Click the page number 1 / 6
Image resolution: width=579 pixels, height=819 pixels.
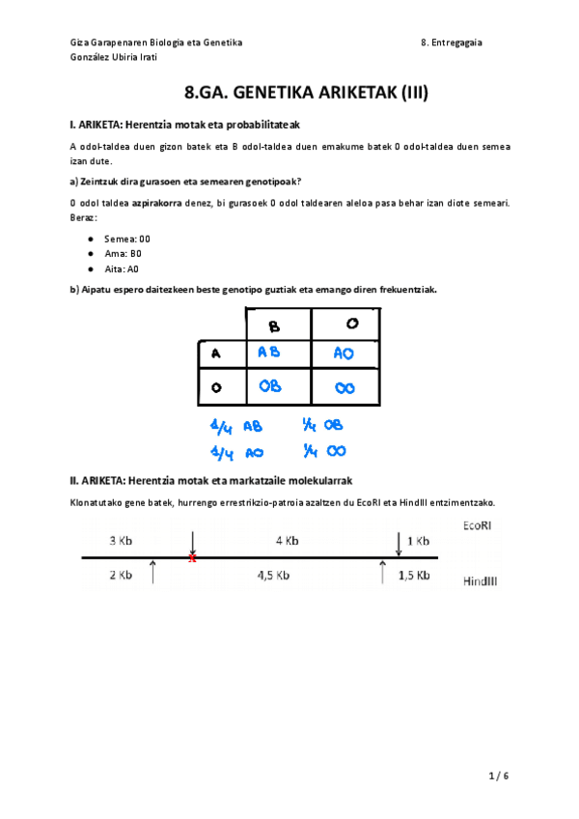497,776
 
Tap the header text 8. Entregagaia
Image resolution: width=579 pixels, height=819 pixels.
453,42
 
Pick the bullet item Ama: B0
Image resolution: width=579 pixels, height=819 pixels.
123,253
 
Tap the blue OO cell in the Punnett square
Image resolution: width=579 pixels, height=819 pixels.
345,387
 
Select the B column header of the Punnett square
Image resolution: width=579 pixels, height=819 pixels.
273,325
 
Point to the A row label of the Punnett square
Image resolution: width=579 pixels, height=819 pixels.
215,353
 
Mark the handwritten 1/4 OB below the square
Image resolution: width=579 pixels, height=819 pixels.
322,425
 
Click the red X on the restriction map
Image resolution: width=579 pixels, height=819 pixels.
192,558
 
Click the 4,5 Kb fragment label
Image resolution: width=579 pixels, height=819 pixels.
274,576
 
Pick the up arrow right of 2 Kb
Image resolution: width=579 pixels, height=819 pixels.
154,573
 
